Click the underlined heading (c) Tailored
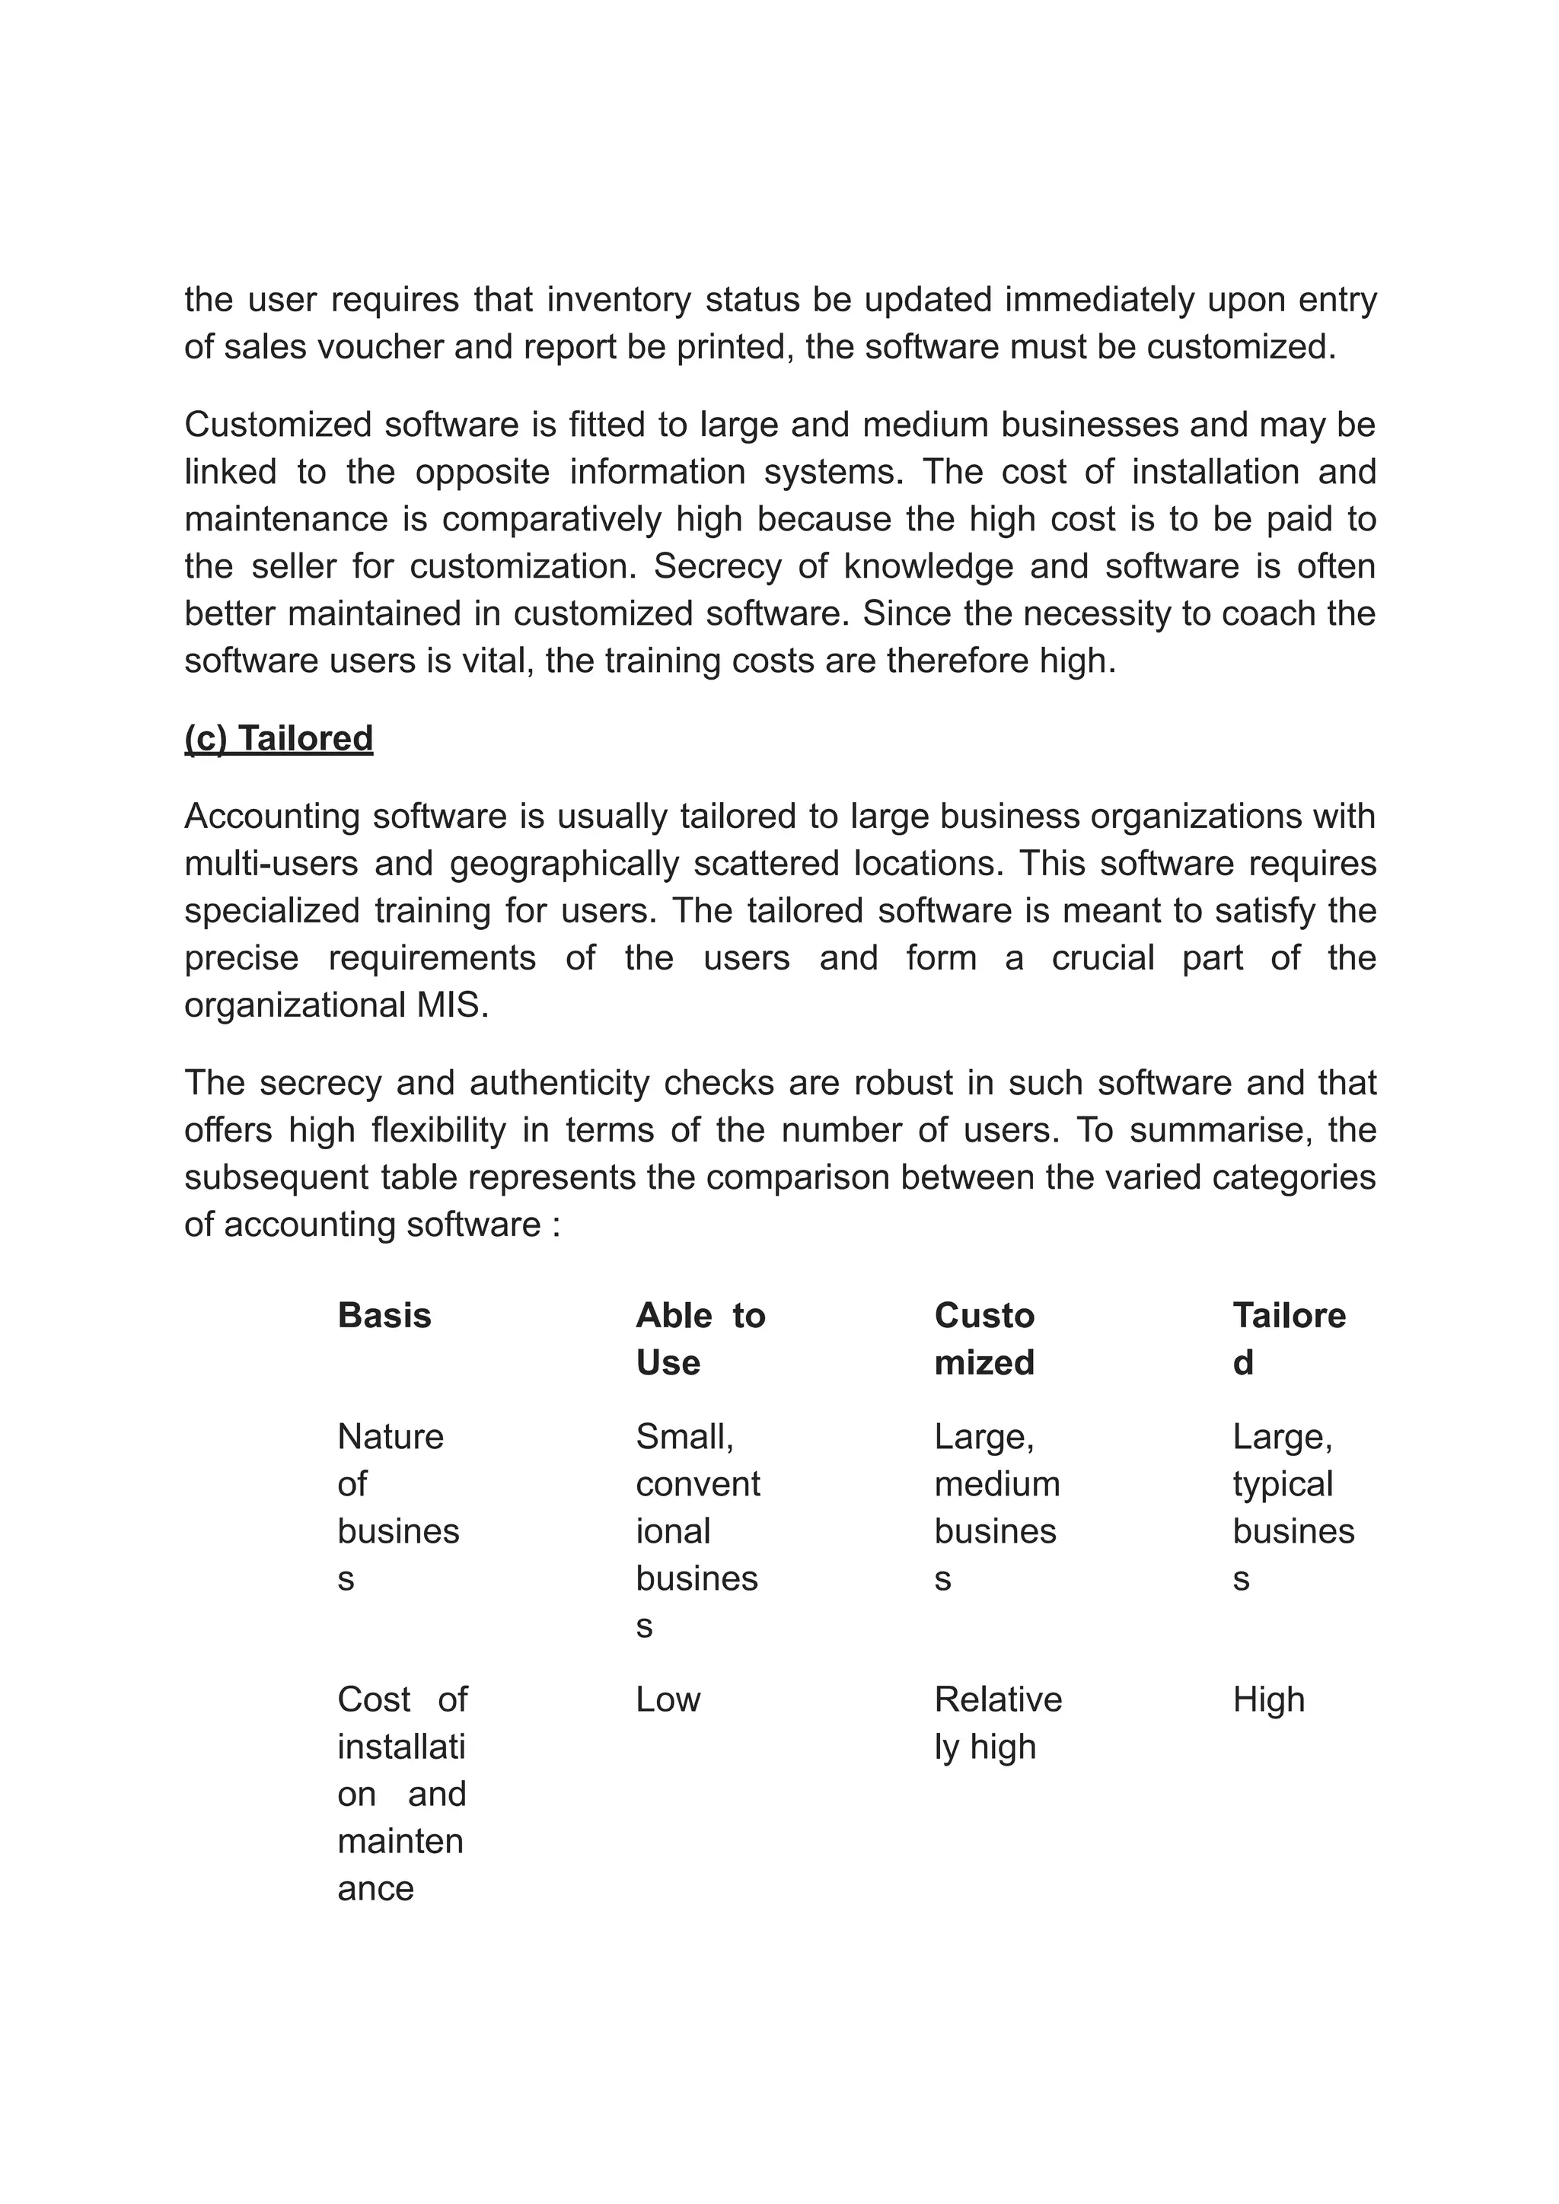click(279, 738)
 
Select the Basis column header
click(384, 1315)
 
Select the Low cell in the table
click(668, 1699)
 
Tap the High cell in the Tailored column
click(1268, 1699)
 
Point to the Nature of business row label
click(397, 1507)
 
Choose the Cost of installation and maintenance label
click(401, 1793)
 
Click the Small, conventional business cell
click(697, 1530)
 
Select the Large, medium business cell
click(996, 1507)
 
